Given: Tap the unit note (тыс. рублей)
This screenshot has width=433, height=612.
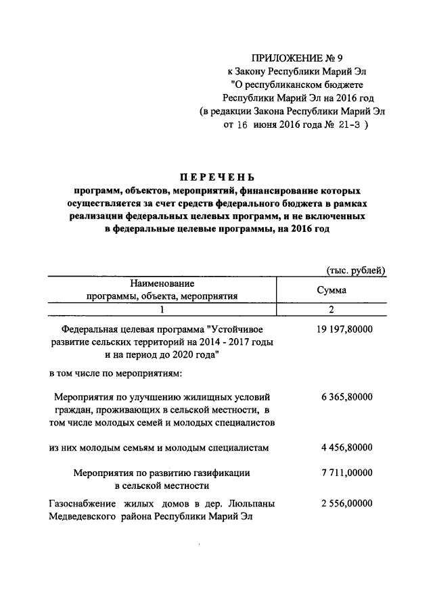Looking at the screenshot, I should coord(356,270).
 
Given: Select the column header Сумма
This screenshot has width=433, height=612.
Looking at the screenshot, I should coord(332,289).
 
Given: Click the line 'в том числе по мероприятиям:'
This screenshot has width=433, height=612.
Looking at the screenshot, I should coord(114,373).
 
